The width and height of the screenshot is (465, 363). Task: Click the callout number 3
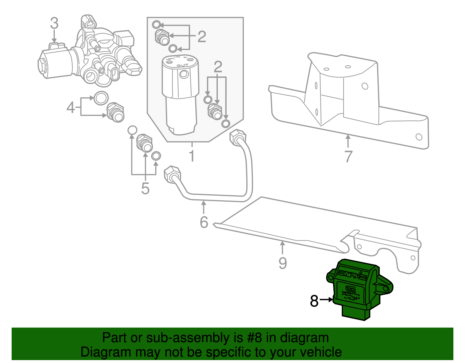tap(54, 23)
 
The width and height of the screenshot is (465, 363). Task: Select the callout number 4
tap(71, 107)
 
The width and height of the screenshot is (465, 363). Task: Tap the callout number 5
tap(145, 188)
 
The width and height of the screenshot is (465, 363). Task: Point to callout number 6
tap(204, 222)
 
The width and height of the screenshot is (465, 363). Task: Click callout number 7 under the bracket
tap(348, 156)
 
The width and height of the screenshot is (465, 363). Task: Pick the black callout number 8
tap(314, 301)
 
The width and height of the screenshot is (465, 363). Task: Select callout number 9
tap(282, 263)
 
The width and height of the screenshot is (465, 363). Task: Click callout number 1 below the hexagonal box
tap(192, 156)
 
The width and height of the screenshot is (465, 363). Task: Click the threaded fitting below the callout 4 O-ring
tap(115, 112)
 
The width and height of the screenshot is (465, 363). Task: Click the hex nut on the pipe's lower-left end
tap(172, 174)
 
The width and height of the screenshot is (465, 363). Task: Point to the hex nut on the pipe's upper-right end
tap(237, 137)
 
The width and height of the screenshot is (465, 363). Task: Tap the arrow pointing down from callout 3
tap(54, 37)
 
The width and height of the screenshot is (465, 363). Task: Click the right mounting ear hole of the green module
tap(386, 288)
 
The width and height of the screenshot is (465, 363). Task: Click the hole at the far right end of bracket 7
tap(419, 137)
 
